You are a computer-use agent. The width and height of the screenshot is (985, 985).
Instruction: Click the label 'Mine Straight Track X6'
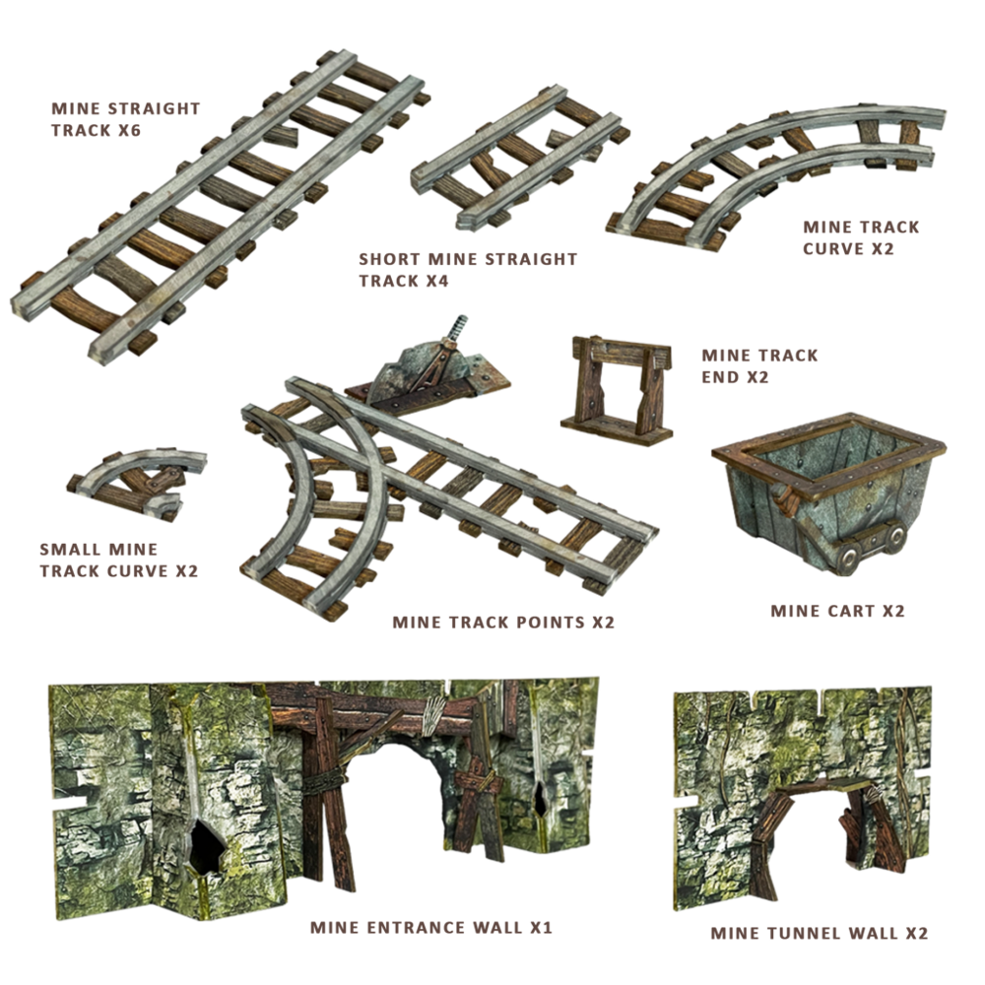click(x=126, y=119)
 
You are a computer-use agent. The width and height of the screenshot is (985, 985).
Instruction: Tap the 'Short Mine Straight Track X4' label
click(x=468, y=270)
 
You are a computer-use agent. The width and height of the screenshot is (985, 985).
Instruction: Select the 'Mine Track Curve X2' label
click(x=861, y=237)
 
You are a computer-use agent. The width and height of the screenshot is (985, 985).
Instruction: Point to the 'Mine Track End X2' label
click(x=759, y=366)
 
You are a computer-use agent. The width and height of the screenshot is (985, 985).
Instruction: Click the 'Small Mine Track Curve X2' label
click(x=119, y=560)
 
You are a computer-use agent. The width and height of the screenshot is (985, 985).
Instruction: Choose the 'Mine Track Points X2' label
click(x=503, y=623)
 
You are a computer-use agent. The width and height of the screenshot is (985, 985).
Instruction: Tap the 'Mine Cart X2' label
click(x=837, y=612)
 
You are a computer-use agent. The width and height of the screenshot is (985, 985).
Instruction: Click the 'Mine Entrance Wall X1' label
click(x=431, y=927)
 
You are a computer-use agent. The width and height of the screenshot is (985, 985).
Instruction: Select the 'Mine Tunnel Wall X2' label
click(x=819, y=934)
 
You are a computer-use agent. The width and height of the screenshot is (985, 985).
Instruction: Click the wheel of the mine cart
click(x=848, y=558)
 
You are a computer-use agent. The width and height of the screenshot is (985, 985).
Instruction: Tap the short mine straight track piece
click(x=518, y=157)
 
